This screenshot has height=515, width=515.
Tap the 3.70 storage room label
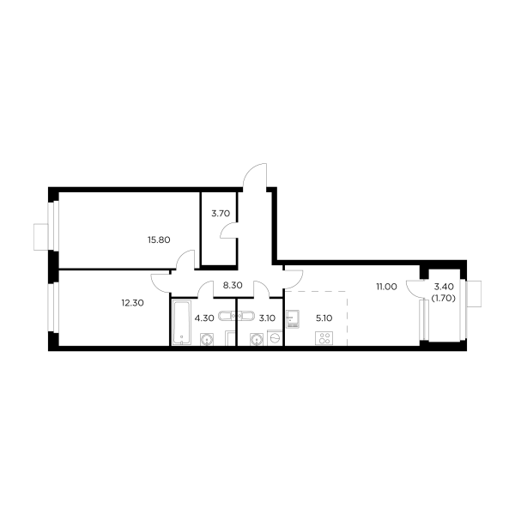(x=221, y=214)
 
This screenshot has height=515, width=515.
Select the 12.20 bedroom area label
(x=131, y=301)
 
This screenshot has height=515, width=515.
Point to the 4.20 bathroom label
(x=203, y=318)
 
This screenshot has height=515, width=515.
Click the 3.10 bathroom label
(x=266, y=318)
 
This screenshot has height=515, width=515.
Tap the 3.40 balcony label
(x=444, y=288)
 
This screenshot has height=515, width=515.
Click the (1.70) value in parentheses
(x=444, y=299)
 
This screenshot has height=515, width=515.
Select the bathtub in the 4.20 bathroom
(x=182, y=322)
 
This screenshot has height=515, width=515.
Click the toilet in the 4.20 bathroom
(x=206, y=339)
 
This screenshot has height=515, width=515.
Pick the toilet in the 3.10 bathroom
(x=256, y=339)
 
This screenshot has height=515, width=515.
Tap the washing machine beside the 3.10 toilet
(x=275, y=339)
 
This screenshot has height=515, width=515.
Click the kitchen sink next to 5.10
(x=293, y=319)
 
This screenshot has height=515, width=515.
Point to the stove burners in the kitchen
(x=324, y=338)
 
